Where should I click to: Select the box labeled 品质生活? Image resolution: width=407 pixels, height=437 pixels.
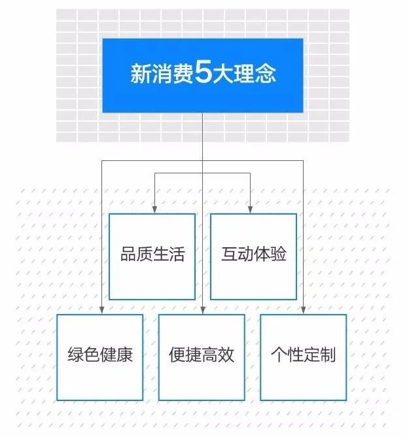pyautogui.click(x=152, y=256)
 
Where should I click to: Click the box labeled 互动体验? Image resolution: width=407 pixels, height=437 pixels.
pyautogui.click(x=253, y=256)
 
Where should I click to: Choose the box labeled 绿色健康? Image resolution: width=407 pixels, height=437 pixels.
pyautogui.click(x=99, y=357)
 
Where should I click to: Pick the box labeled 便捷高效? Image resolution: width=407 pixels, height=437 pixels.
pyautogui.click(x=202, y=357)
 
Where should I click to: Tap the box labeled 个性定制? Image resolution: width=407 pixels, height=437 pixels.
pyautogui.click(x=303, y=357)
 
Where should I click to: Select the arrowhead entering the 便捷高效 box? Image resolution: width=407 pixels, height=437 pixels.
pyautogui.click(x=202, y=310)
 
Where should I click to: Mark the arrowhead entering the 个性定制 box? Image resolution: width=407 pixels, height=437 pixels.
pyautogui.click(x=304, y=310)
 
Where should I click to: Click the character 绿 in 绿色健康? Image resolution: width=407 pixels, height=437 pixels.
pyautogui.click(x=75, y=356)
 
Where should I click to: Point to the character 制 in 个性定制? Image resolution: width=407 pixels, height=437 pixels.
pyautogui.click(x=328, y=356)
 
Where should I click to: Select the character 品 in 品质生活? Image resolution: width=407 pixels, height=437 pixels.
pyautogui.click(x=128, y=255)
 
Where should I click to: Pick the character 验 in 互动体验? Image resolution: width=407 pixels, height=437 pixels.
pyautogui.click(x=277, y=255)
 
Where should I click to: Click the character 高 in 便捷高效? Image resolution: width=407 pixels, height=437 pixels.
pyautogui.click(x=210, y=356)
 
